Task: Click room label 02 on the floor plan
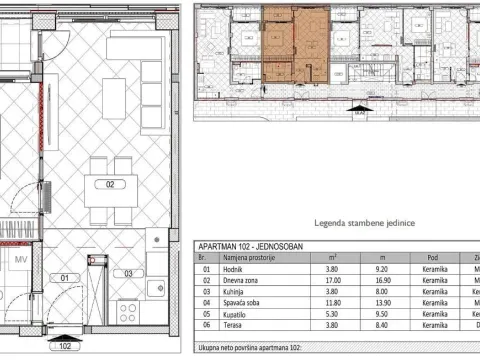click(111, 183)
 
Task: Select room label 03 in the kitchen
click(128, 273)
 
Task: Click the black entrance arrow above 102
click(65, 339)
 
